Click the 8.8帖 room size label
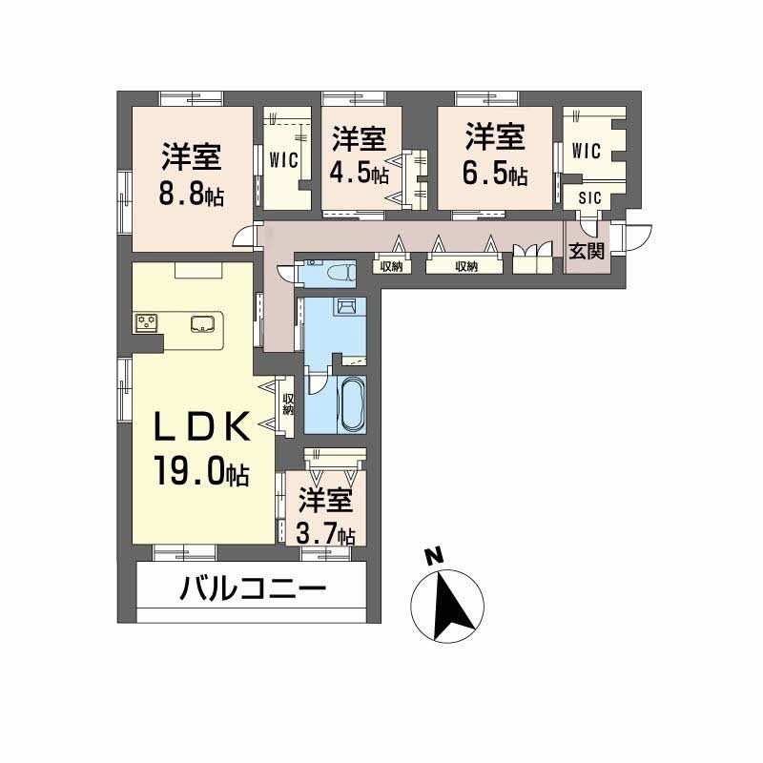click(x=192, y=196)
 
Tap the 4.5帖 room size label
click(x=360, y=175)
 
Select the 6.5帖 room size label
click(x=497, y=175)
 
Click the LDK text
click(x=203, y=429)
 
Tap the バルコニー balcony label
click(x=253, y=588)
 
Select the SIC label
click(x=586, y=197)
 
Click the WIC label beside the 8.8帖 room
click(x=284, y=158)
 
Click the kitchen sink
click(x=203, y=323)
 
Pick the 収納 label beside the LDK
click(x=286, y=404)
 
